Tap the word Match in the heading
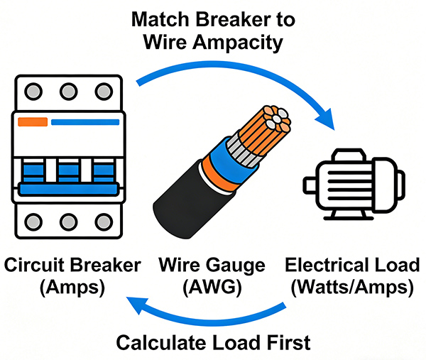coord(160,18)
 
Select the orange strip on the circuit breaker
coord(33,121)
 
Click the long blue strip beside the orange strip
coord(85,121)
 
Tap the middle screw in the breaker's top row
coord(68,92)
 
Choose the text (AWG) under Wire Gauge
coord(213,288)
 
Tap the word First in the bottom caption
coord(288,342)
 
